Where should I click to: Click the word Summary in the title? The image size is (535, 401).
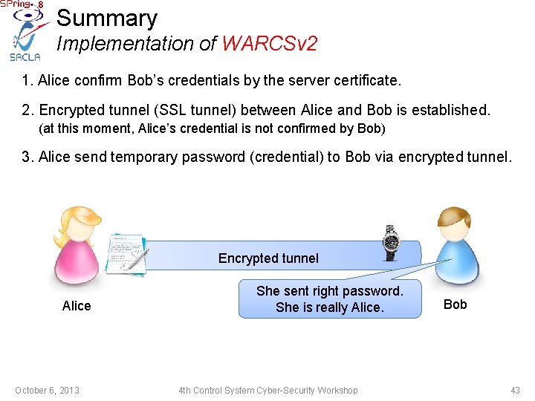[x=107, y=18]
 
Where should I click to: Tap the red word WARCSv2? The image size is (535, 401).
[x=269, y=44]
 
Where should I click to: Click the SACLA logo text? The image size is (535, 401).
[x=25, y=57]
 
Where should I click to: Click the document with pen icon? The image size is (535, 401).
[x=128, y=252]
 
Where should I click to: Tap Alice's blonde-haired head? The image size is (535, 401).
[x=75, y=224]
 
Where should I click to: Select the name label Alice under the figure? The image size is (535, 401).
[x=77, y=306]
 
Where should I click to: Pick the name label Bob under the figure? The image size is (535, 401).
[x=455, y=304]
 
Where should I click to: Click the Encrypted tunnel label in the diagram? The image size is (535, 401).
[x=268, y=258]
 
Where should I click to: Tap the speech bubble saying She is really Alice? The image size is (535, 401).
[x=329, y=299]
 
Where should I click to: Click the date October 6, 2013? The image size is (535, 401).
[x=47, y=391]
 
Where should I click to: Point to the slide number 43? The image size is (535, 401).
[x=515, y=391]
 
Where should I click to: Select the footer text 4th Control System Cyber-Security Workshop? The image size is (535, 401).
[x=267, y=391]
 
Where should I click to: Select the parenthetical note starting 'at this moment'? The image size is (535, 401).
[x=212, y=129]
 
